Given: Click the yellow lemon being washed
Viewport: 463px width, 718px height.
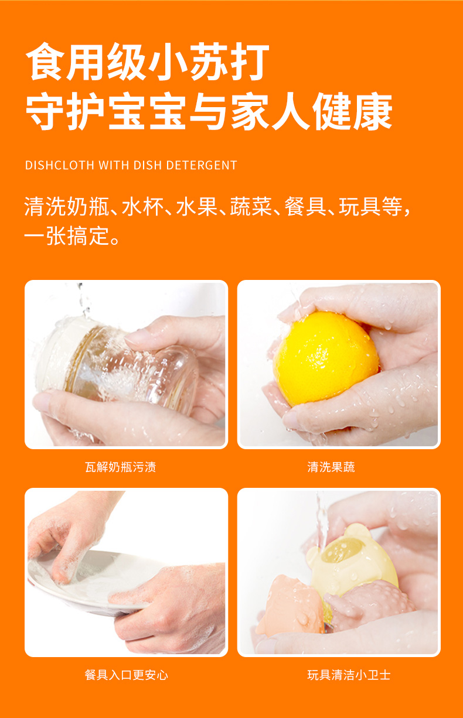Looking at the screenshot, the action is click(326, 358).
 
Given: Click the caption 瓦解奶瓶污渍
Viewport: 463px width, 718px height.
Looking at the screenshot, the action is click(120, 467).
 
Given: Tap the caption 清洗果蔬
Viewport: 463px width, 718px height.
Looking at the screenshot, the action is click(331, 467).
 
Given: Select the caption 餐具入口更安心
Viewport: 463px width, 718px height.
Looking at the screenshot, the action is click(127, 675).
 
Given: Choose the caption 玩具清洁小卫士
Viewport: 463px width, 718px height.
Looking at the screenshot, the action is click(349, 675).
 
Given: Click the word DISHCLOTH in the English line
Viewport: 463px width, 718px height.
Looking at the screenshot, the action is click(59, 165).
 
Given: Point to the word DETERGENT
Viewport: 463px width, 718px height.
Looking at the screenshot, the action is click(202, 165).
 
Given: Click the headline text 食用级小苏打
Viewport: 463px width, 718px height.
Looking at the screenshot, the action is click(148, 61).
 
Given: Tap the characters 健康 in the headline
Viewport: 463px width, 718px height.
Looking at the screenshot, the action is click(352, 111).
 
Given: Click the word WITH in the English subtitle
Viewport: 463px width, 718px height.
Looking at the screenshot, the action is click(114, 165).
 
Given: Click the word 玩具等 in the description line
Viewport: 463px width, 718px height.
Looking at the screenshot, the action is click(371, 207).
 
